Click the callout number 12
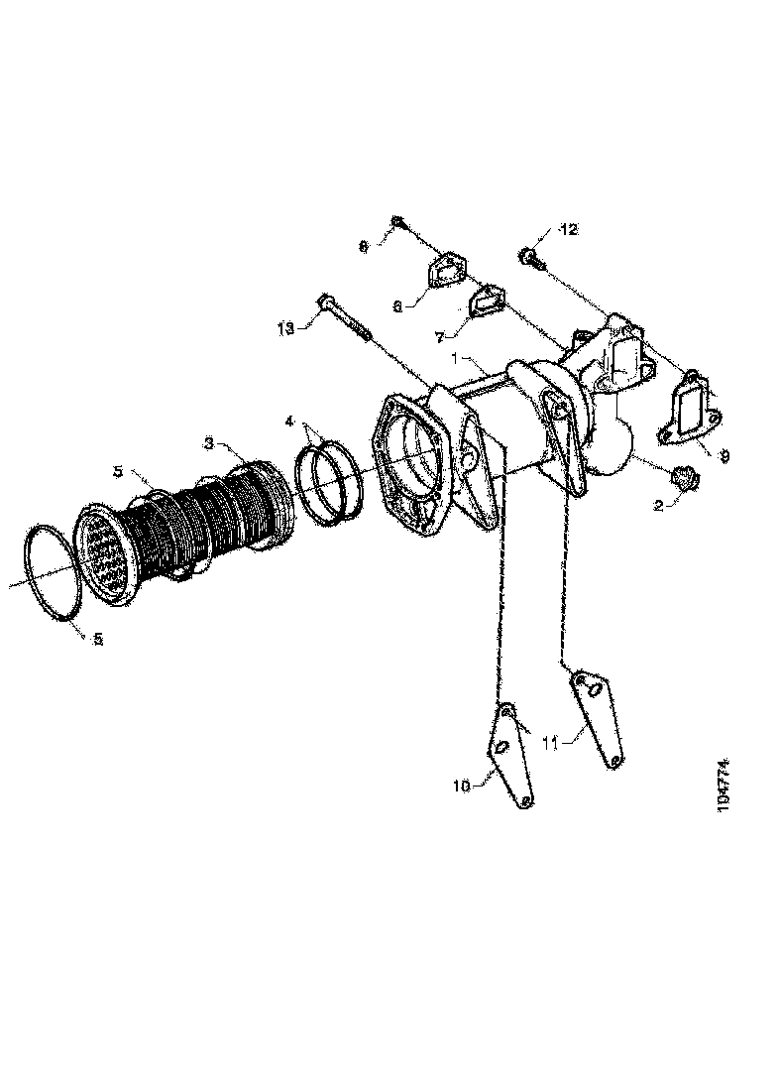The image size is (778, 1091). tap(567, 231)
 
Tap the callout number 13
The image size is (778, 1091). tap(285, 328)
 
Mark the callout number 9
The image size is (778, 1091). tap(723, 455)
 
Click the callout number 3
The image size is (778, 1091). tap(209, 441)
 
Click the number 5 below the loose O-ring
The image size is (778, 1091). tap(97, 641)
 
